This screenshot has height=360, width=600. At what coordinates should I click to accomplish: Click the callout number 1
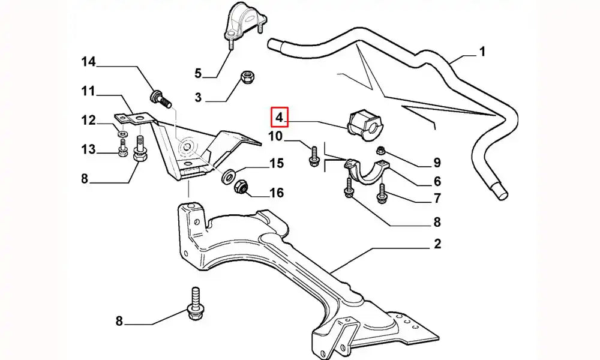click(481, 52)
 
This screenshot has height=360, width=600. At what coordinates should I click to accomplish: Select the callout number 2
click(437, 244)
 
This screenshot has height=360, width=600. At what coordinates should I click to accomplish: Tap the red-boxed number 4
click(280, 116)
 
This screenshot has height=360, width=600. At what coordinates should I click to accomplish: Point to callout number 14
click(89, 61)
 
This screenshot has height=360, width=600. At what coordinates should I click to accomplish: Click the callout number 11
click(89, 92)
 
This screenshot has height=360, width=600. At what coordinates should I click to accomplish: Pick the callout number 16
click(276, 193)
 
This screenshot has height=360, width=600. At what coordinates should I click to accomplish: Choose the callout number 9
click(437, 162)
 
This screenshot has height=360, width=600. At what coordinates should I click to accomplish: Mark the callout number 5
click(198, 74)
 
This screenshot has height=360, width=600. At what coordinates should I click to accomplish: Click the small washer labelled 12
click(122, 133)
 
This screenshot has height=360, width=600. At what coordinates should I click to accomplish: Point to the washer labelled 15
click(229, 176)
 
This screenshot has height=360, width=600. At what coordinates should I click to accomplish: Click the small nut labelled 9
click(380, 150)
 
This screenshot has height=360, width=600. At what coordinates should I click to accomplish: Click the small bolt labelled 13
click(122, 150)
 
